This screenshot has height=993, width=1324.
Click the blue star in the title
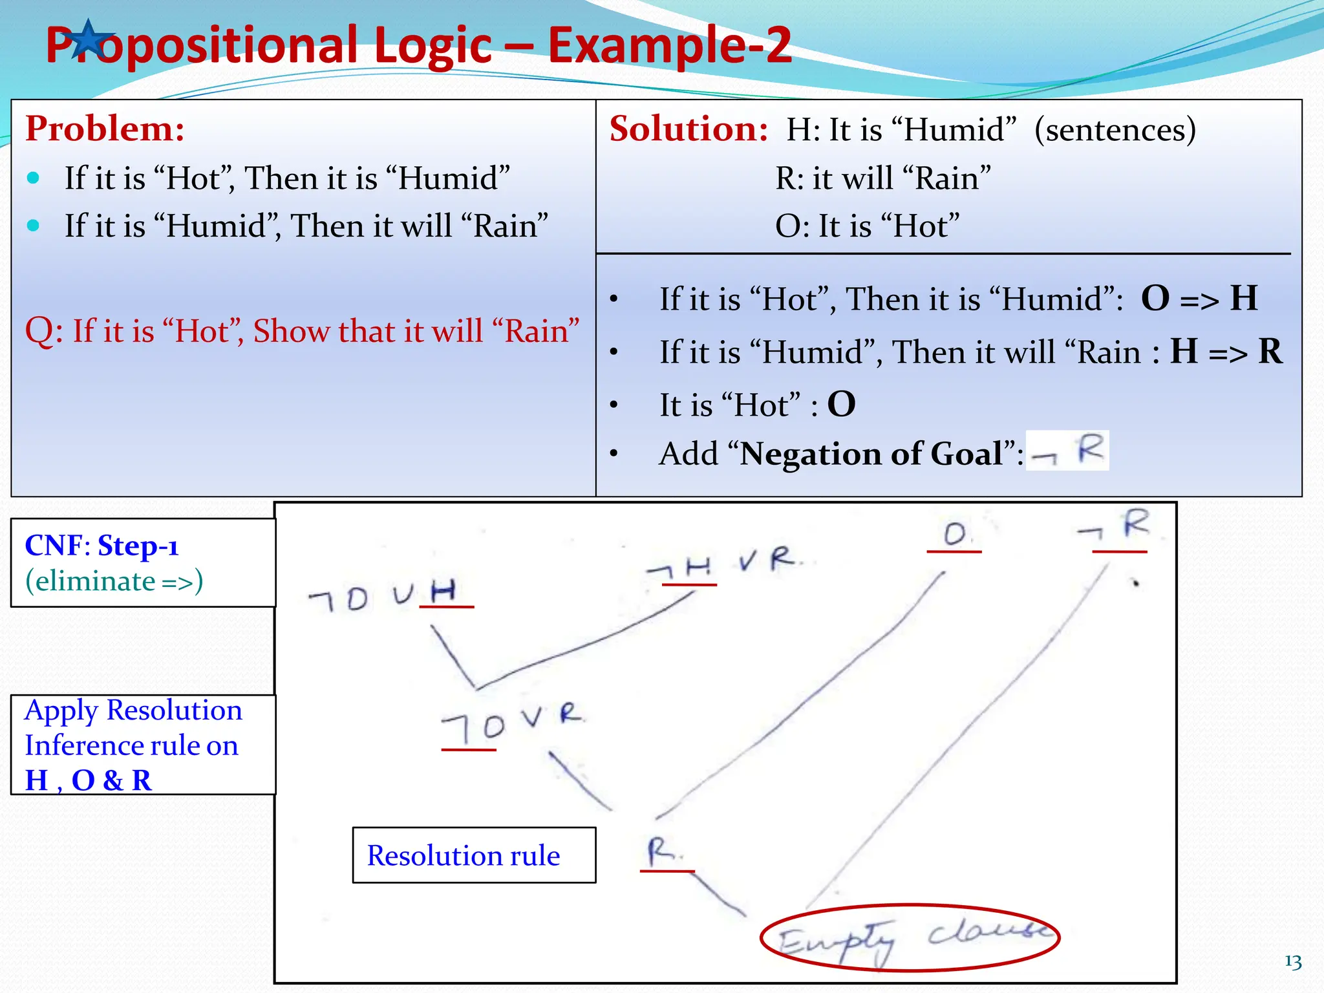tap(90, 40)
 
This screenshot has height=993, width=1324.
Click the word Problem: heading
tap(105, 129)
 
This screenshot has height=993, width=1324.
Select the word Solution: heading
tap(689, 129)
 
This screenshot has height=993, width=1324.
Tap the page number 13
tap(1292, 962)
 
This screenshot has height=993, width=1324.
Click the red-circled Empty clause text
tap(910, 937)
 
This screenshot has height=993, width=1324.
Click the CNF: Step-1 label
tap(101, 546)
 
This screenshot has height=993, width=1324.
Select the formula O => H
tap(1199, 299)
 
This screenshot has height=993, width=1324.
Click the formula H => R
tap(1226, 352)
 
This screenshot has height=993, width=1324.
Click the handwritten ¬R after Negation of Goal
tap(1068, 451)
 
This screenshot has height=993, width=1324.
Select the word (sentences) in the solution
tap(1115, 129)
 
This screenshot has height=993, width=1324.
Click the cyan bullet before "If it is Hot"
tap(34, 178)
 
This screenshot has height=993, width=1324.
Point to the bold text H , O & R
tap(89, 780)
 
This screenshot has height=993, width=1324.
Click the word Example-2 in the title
tap(669, 45)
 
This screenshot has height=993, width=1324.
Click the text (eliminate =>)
tap(114, 581)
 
